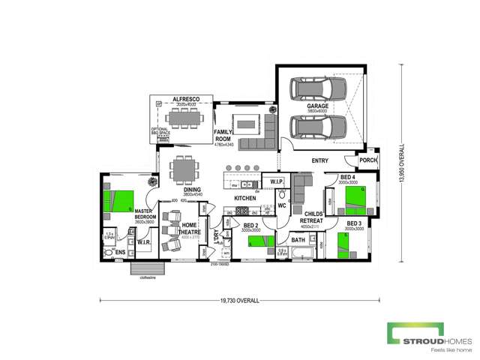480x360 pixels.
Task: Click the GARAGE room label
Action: point(317,106)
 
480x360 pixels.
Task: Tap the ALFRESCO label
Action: point(184,99)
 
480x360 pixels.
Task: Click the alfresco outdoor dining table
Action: point(183,118)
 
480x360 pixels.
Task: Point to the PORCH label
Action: point(367,159)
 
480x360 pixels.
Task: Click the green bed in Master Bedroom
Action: point(118,201)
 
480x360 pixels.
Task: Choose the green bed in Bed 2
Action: point(259,241)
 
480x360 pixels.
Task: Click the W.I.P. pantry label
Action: point(274,181)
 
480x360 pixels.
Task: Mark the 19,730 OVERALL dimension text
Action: point(240,300)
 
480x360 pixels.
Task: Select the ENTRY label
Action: point(321,160)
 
